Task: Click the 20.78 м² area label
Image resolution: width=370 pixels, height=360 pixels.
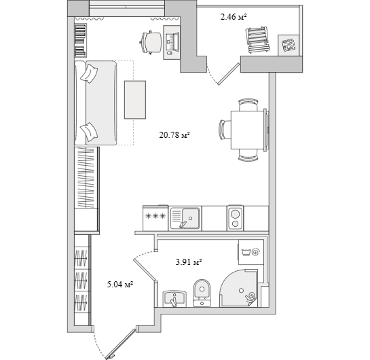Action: pyautogui.click(x=174, y=135)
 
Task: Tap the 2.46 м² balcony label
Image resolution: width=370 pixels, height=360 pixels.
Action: pyautogui.click(x=234, y=17)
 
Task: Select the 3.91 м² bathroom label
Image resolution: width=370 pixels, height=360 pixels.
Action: pyautogui.click(x=189, y=262)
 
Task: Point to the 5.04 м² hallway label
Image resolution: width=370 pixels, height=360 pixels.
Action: pyautogui.click(x=120, y=285)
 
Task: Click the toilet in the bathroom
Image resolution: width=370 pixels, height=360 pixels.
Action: pyautogui.click(x=202, y=293)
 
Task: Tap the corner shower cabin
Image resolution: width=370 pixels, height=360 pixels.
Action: pyautogui.click(x=238, y=288)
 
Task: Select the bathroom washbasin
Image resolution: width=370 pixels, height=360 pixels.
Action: pyautogui.click(x=174, y=299)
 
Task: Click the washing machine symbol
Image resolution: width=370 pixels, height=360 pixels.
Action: pyautogui.click(x=251, y=252)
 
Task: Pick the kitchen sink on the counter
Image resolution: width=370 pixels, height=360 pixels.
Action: pyautogui.click(x=185, y=218)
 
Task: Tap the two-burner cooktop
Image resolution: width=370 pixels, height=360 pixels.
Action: pyautogui.click(x=236, y=218)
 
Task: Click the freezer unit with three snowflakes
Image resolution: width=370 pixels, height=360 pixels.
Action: pyautogui.click(x=155, y=218)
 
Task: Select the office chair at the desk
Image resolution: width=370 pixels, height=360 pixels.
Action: pyautogui.click(x=151, y=43)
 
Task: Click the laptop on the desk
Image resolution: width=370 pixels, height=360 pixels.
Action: pyautogui.click(x=172, y=41)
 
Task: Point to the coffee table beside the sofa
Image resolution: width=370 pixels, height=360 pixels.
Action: pyautogui.click(x=135, y=100)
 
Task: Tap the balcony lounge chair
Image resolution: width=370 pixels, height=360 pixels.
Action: pyautogui.click(x=257, y=39)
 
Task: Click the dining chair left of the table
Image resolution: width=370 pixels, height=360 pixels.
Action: pyautogui.click(x=225, y=130)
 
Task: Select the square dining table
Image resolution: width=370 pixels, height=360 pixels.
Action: pyautogui.click(x=247, y=130)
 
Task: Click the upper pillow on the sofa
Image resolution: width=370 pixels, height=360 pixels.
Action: pyautogui.click(x=89, y=73)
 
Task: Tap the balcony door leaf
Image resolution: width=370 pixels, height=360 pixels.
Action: pyautogui.click(x=229, y=73)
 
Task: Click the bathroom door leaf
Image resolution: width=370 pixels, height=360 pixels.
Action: pyautogui.click(x=145, y=270)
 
